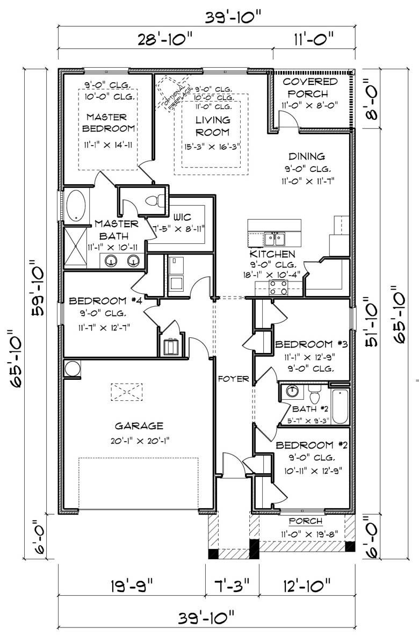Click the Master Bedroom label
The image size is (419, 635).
(x=109, y=122)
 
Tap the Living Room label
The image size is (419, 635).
(x=213, y=126)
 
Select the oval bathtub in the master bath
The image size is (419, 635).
(x=76, y=206)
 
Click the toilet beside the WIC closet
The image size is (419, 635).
(x=154, y=200)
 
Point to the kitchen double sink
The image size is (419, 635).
(x=274, y=239)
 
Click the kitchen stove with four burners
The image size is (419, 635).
(x=278, y=287)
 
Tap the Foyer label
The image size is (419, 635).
(x=233, y=379)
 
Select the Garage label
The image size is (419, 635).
(x=139, y=425)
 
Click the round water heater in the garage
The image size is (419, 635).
(x=73, y=369)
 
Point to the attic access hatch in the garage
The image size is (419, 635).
(x=127, y=392)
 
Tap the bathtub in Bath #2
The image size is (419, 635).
(x=339, y=406)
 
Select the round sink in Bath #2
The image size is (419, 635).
(x=292, y=391)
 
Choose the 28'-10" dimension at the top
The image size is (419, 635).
(x=165, y=40)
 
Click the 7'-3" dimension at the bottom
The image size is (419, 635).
(x=232, y=585)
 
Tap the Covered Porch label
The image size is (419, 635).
(x=310, y=88)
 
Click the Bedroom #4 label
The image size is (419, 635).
(x=104, y=300)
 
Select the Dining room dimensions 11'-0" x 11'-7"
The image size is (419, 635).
(x=308, y=181)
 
